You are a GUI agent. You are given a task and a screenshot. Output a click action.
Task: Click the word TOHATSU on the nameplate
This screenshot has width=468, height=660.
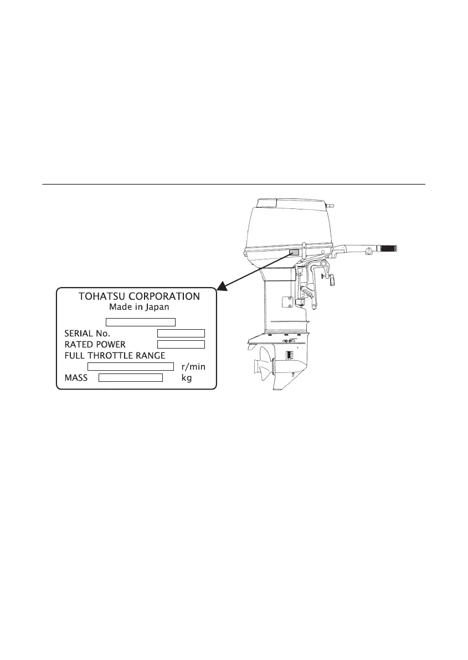(x=101, y=296)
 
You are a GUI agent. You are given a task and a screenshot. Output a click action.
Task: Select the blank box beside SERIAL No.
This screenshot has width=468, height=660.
(x=181, y=333)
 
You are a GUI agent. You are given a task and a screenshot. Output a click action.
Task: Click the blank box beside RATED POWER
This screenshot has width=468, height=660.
(x=181, y=344)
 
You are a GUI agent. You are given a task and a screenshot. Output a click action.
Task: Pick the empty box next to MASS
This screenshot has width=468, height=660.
(x=130, y=378)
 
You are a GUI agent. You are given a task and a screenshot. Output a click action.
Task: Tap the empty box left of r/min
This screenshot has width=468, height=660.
(x=131, y=367)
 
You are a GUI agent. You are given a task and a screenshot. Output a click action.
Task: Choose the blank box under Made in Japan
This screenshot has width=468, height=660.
(x=141, y=321)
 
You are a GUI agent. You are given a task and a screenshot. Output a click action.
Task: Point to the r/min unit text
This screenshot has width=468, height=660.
(x=194, y=367)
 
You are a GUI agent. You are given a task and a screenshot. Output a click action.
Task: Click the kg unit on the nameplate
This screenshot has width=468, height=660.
(x=187, y=378)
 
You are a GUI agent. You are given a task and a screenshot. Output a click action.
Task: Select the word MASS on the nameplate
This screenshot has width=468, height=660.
(x=76, y=378)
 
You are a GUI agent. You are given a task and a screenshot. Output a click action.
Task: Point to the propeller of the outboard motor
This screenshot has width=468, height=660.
(x=260, y=366)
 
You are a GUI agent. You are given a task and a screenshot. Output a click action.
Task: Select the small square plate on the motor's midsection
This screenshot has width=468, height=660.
(x=287, y=303)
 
